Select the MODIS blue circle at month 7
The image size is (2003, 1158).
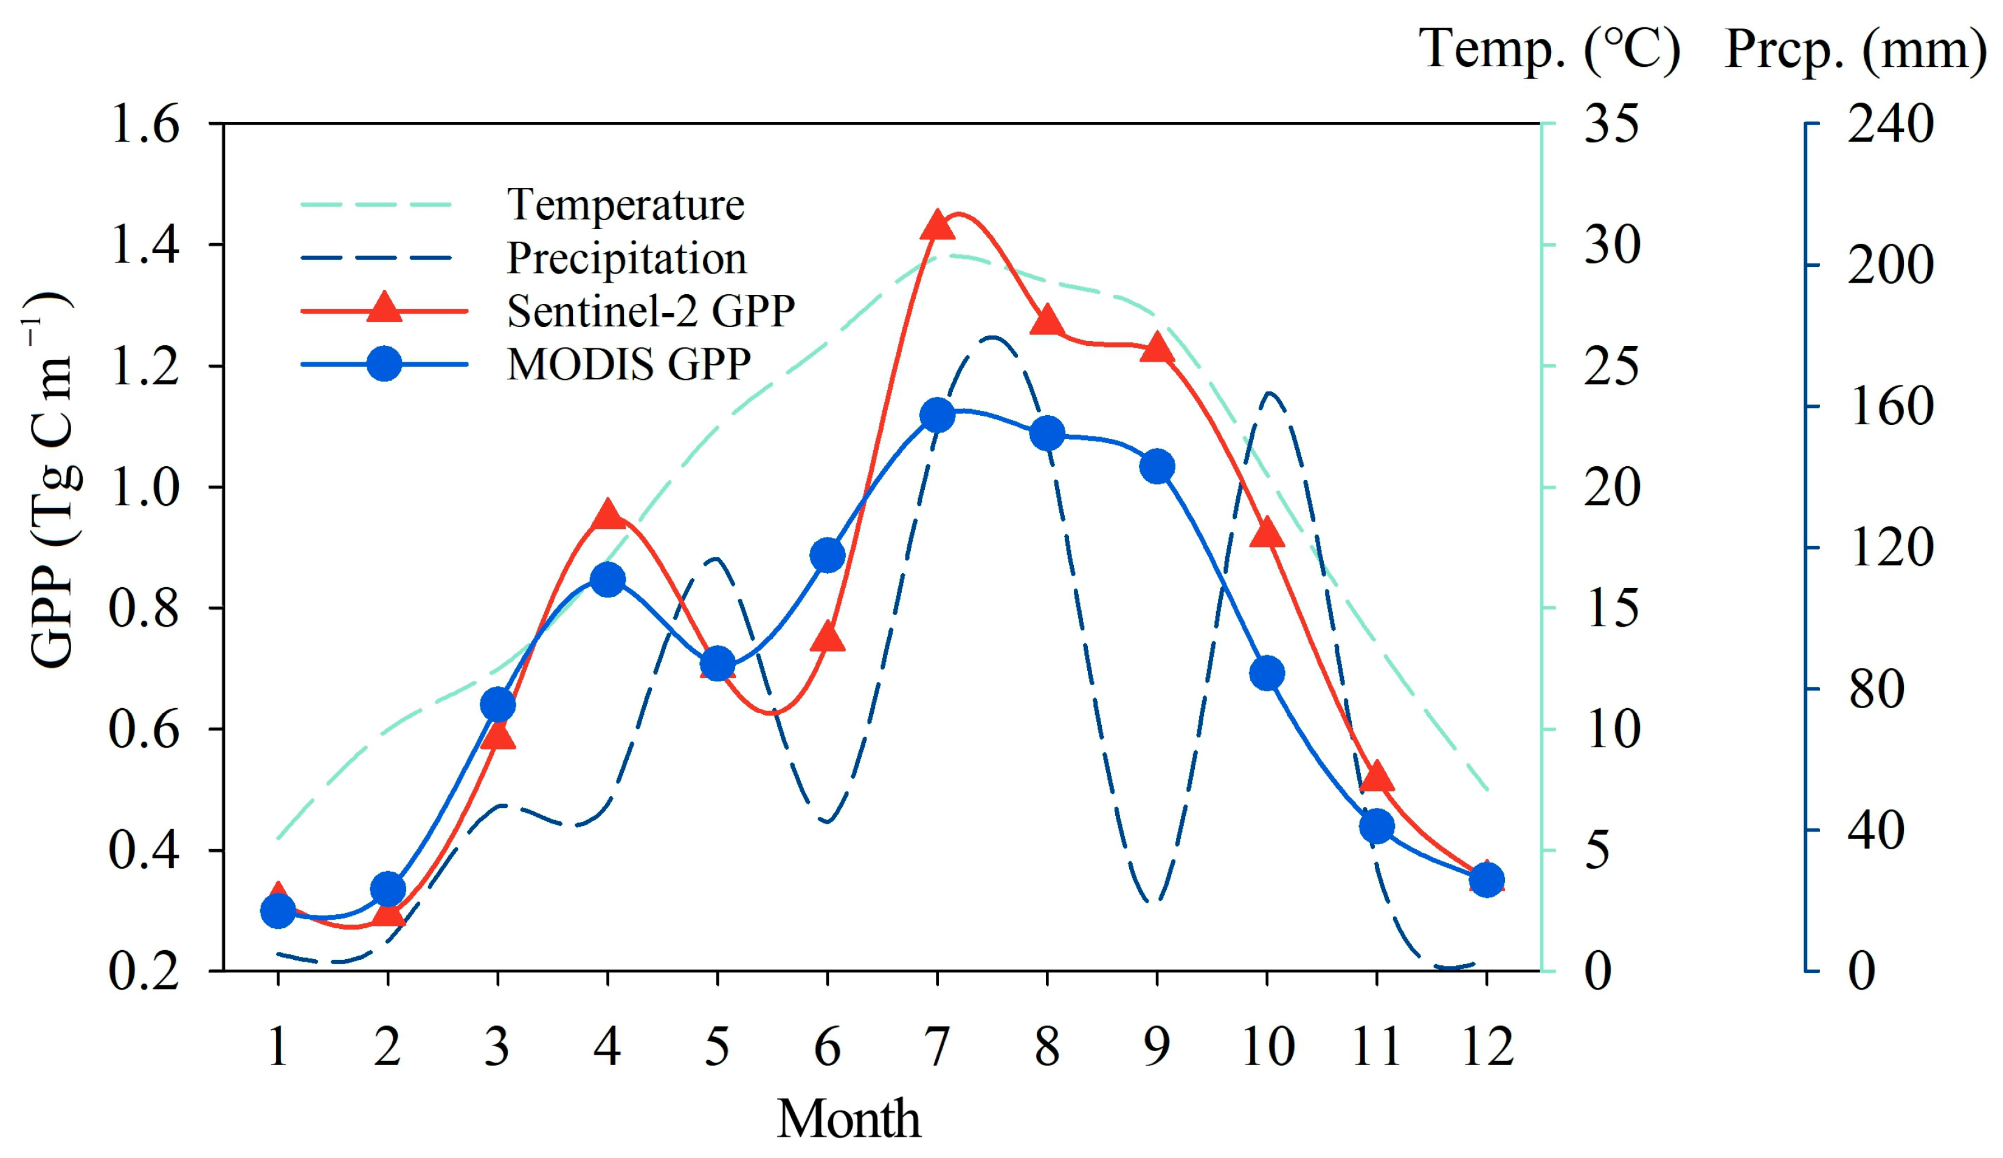[937, 416]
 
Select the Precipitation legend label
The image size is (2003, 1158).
[626, 258]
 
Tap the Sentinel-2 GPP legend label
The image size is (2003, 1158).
[650, 311]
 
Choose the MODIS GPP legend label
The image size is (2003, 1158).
[628, 364]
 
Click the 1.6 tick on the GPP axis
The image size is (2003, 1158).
[145, 125]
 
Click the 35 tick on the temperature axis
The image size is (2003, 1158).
[1612, 125]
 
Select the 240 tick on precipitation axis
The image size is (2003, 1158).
[1890, 125]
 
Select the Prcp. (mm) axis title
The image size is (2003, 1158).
[1855, 49]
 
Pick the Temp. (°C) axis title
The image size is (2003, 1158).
[1549, 49]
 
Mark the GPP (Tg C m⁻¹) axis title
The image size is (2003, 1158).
[52, 481]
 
